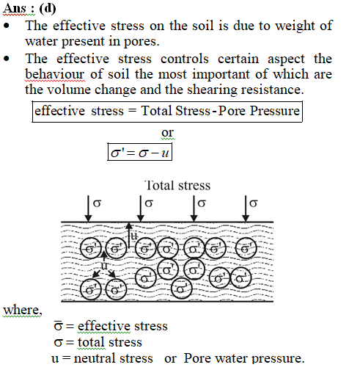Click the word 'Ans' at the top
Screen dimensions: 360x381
[x=15, y=8]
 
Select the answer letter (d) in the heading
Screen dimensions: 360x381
[x=48, y=9]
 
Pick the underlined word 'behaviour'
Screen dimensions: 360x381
[x=55, y=74]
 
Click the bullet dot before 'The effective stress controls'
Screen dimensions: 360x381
[x=7, y=59]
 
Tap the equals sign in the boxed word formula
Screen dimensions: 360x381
[x=132, y=111]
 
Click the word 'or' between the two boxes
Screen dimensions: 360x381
[x=168, y=133]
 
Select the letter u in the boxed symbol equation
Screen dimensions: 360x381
[x=165, y=153]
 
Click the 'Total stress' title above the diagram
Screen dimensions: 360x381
[x=177, y=186]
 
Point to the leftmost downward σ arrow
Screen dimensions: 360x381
[x=88, y=208]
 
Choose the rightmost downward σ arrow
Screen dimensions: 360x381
[x=246, y=208]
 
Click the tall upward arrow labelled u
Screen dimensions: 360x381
[x=129, y=236]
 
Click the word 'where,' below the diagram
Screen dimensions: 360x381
[x=23, y=311]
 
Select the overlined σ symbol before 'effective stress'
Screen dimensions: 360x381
[x=58, y=326]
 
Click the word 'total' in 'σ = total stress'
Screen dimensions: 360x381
[x=92, y=342]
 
